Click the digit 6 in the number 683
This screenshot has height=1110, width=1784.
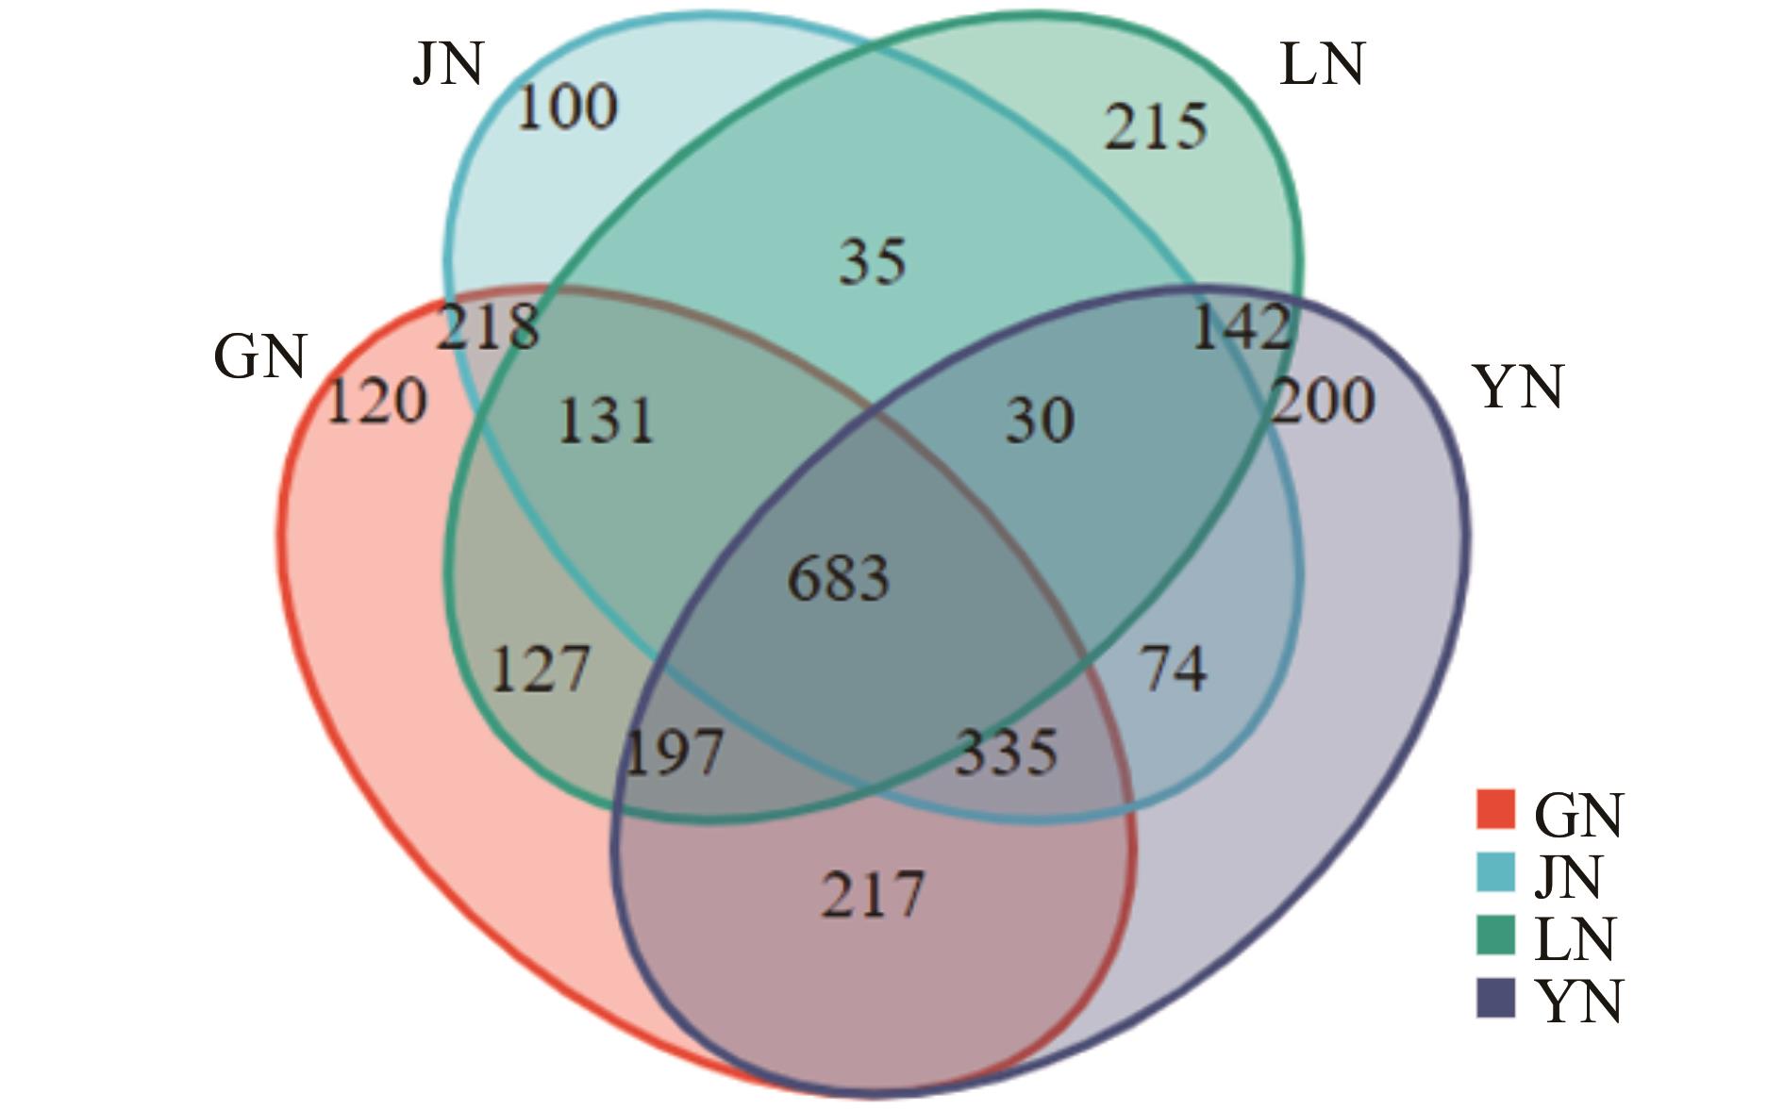point(804,578)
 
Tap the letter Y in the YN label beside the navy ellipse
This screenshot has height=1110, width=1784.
point(1495,387)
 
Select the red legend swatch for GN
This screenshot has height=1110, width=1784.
point(1495,809)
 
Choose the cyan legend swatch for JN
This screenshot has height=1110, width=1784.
point(1495,871)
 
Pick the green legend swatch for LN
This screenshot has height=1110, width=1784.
point(1495,935)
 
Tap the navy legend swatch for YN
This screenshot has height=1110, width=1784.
point(1495,998)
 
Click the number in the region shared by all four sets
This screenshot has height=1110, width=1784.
point(838,578)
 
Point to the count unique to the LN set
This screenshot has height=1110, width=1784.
point(1156,127)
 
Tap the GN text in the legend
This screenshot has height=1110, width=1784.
point(1578,814)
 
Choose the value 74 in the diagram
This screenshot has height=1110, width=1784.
point(1174,669)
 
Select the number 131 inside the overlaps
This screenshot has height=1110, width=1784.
point(606,421)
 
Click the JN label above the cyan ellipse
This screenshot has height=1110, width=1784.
point(449,64)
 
